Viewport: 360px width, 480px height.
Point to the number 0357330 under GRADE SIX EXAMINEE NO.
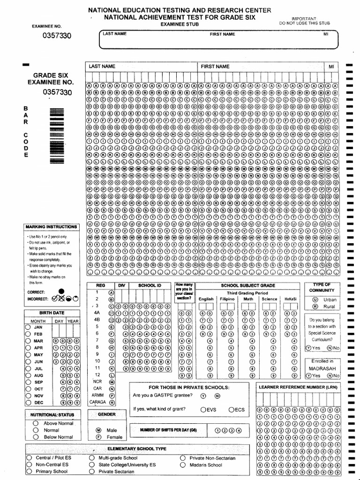(57, 92)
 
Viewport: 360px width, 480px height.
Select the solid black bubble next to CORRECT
(62, 292)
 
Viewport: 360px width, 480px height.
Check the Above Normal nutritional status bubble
(36, 423)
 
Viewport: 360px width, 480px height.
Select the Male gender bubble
(98, 430)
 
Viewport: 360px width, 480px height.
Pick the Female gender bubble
(98, 437)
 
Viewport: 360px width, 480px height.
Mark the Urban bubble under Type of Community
(315, 299)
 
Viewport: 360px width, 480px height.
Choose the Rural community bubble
(315, 307)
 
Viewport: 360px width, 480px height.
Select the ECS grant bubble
(231, 409)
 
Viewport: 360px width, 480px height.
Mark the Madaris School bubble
(183, 465)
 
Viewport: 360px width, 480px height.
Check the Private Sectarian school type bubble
(91, 472)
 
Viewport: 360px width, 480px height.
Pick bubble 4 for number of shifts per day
(239, 430)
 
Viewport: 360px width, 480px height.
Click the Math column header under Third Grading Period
(248, 299)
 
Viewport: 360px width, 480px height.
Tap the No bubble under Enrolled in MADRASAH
(330, 375)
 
